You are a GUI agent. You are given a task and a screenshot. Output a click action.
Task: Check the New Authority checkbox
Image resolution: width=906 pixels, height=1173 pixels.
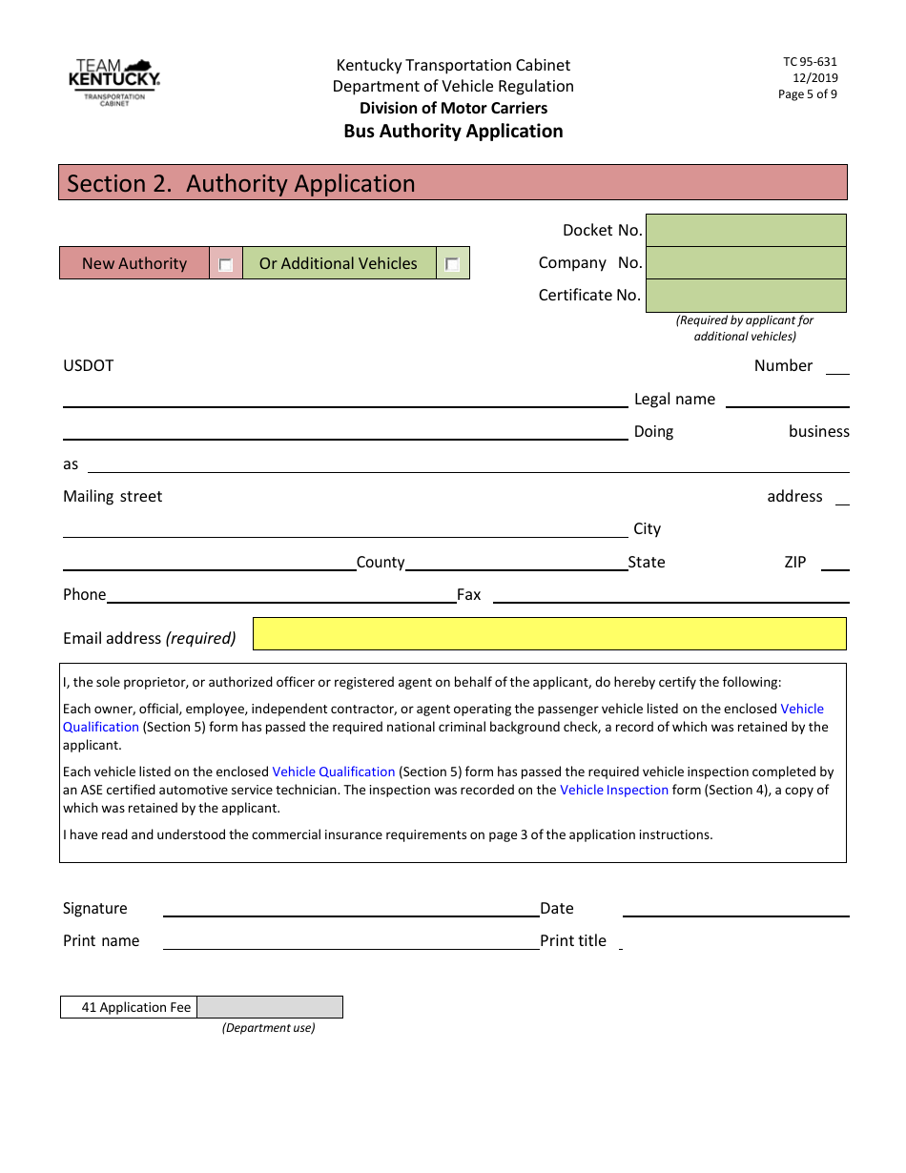(x=226, y=264)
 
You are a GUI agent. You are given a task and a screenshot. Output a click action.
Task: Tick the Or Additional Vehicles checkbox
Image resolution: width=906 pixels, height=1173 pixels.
(x=452, y=264)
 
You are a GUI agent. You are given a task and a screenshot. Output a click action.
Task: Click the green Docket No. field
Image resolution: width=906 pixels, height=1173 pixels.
(x=746, y=231)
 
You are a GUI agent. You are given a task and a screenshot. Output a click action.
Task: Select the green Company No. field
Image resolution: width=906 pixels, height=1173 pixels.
(x=746, y=263)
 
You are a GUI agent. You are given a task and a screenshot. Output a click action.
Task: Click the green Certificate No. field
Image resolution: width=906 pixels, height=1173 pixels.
(x=746, y=296)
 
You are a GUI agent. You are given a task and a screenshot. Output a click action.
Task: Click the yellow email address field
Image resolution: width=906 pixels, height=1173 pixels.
(x=549, y=634)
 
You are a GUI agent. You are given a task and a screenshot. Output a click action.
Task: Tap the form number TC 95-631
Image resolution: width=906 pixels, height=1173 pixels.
(x=810, y=62)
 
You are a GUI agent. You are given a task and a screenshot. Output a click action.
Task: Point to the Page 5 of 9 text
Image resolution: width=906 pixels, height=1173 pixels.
(x=807, y=94)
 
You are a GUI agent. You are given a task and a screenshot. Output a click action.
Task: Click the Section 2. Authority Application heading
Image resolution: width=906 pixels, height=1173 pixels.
(x=241, y=184)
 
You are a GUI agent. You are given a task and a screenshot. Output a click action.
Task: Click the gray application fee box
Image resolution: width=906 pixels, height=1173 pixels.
(x=270, y=1007)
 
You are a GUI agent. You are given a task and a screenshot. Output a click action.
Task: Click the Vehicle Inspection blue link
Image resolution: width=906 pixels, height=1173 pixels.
(x=614, y=790)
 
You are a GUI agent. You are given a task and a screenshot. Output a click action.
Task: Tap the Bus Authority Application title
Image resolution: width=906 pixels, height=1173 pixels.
(x=453, y=132)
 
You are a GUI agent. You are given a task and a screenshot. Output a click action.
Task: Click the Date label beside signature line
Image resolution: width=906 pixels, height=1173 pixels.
(x=557, y=909)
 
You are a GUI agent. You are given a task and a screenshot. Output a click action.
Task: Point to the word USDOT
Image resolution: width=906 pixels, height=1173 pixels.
(x=88, y=366)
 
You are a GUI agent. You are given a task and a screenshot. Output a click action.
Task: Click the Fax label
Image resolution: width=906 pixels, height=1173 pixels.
(x=469, y=595)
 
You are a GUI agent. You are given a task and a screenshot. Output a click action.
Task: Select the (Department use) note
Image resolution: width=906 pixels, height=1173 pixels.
(x=269, y=1028)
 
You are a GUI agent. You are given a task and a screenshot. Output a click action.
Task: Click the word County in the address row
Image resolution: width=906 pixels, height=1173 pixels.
(x=381, y=563)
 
